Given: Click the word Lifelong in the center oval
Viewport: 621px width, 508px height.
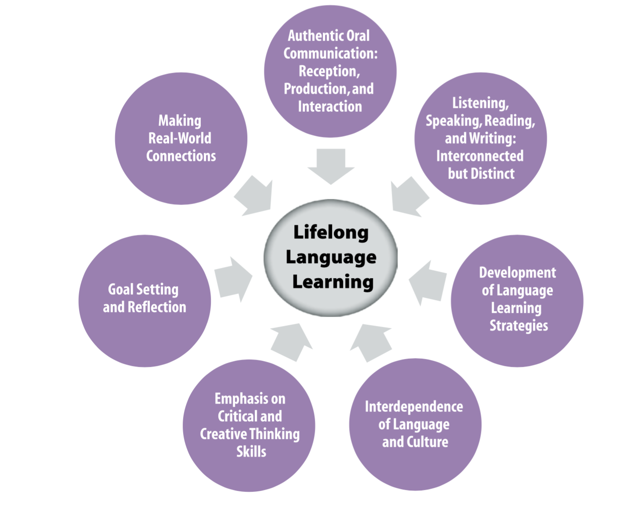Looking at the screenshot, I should click(x=331, y=232).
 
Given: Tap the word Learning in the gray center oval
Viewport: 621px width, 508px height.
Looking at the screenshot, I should click(x=333, y=282).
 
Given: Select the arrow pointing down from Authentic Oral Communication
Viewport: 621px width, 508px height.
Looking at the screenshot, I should click(x=331, y=165).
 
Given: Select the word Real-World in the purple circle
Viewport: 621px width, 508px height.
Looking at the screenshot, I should click(x=180, y=138).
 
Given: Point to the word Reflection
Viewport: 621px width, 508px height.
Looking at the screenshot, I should click(x=157, y=307).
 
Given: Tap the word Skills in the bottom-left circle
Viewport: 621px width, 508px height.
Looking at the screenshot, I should click(x=251, y=451).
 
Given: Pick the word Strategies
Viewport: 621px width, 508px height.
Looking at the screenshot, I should click(x=519, y=326).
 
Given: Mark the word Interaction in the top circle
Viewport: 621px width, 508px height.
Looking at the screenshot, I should click(x=330, y=106).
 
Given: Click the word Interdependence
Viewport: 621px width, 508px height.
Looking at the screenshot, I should click(x=414, y=406).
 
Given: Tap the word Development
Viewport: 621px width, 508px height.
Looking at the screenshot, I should click(x=517, y=272).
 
